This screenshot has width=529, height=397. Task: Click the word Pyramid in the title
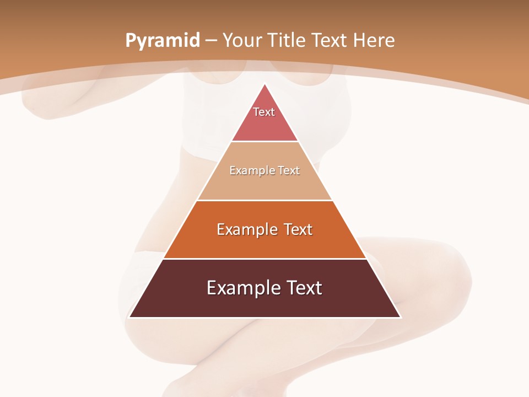point(162,41)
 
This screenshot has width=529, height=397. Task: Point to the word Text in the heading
point(329,40)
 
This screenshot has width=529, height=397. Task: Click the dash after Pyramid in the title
point(211,41)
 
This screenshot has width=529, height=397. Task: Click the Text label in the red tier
point(264,112)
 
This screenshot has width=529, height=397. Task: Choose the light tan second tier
point(264,185)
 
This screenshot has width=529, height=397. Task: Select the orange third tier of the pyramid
point(264,244)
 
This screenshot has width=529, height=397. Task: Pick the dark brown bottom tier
point(264,303)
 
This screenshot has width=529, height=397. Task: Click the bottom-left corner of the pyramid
point(129,317)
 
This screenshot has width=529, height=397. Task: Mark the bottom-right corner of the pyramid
point(400,317)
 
